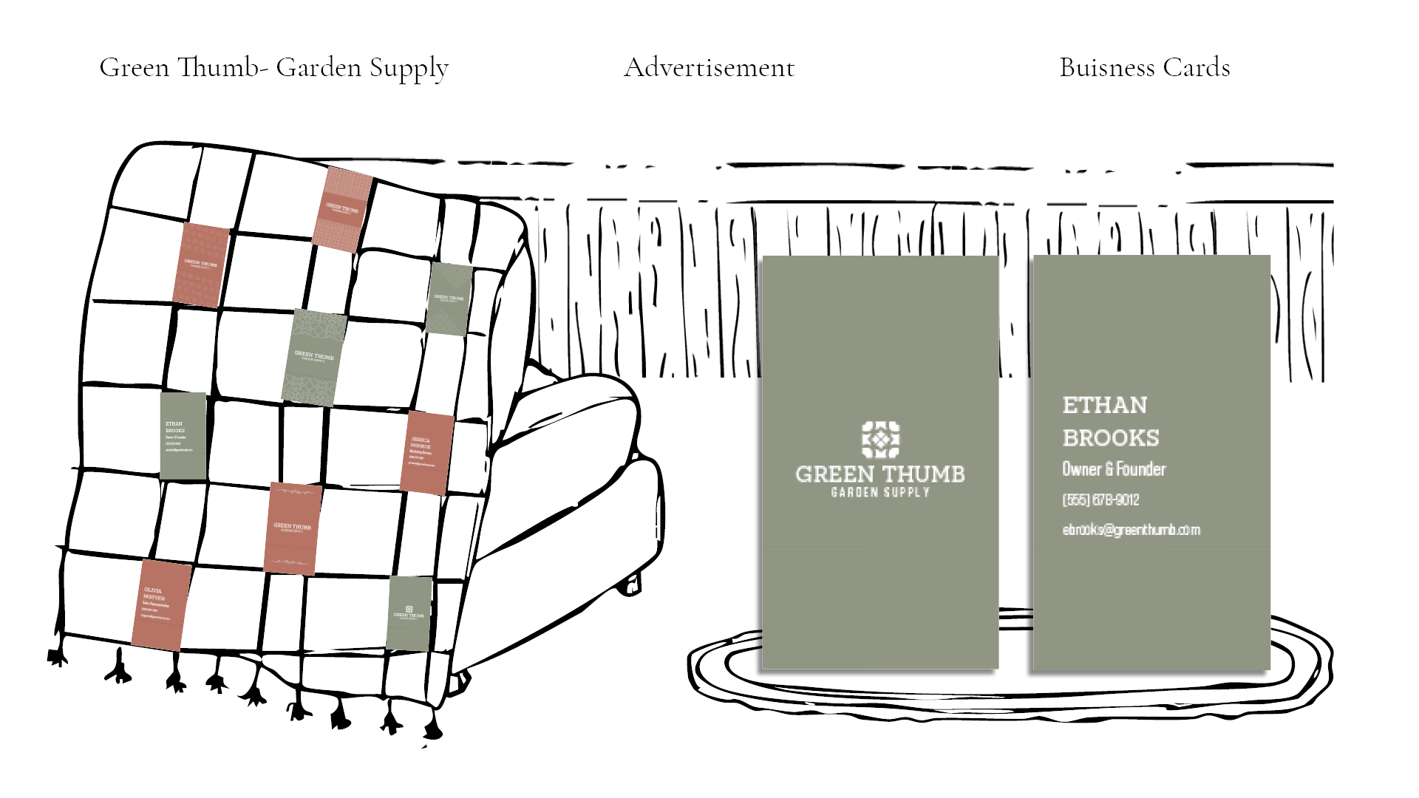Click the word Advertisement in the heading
709,68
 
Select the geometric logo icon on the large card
880,439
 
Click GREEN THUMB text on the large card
879,474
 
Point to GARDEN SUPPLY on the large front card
879,492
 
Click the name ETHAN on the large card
1104,405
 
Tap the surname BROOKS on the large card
1110,438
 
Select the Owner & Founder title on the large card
1114,469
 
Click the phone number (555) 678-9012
1100,500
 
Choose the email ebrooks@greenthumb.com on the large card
1131,530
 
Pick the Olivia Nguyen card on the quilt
162,604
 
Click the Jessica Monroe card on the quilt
426,453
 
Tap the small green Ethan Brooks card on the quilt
183,435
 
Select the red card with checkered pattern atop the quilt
341,209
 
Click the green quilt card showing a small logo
409,613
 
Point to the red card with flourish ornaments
293,528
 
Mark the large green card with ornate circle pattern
314,356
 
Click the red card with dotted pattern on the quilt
201,265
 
